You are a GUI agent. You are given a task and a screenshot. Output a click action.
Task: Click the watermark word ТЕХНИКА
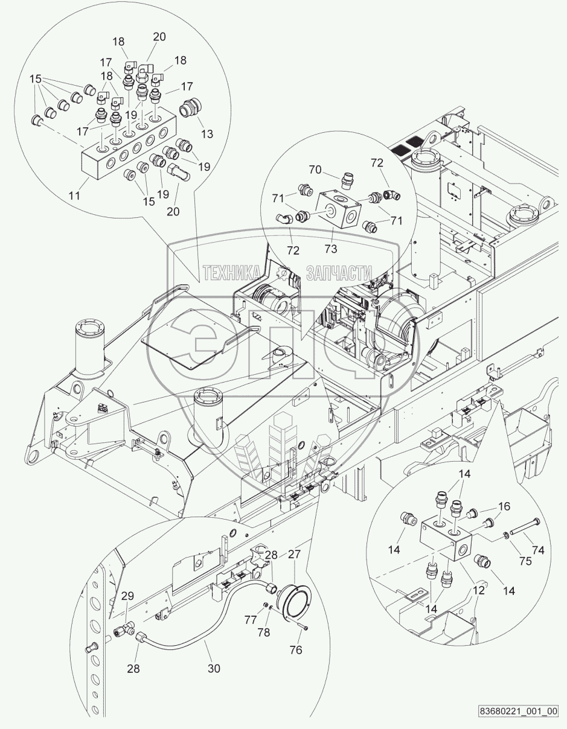click(232, 273)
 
